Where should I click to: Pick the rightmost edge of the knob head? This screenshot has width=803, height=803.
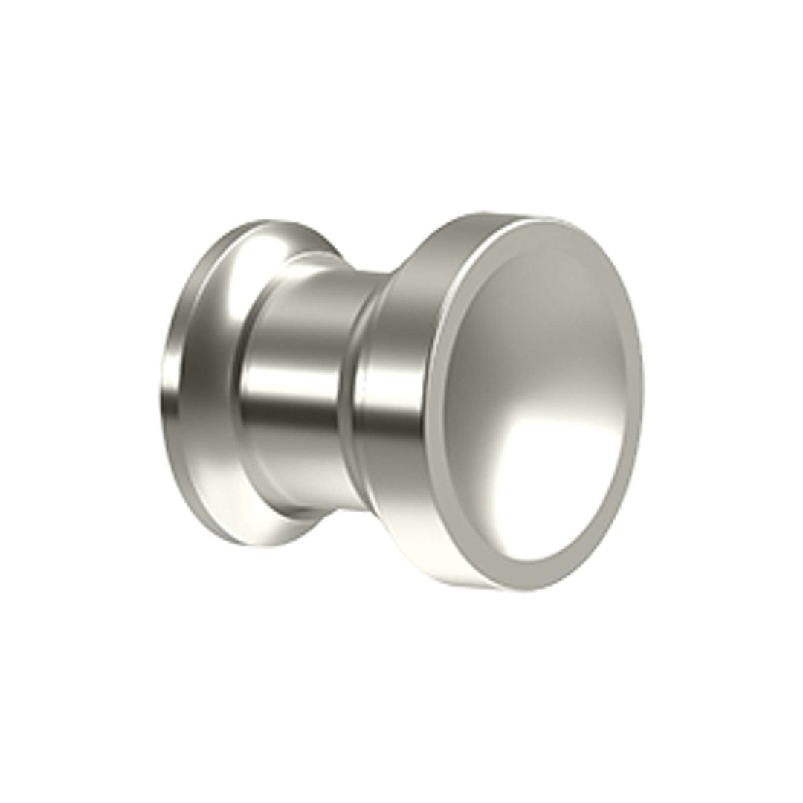642,401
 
